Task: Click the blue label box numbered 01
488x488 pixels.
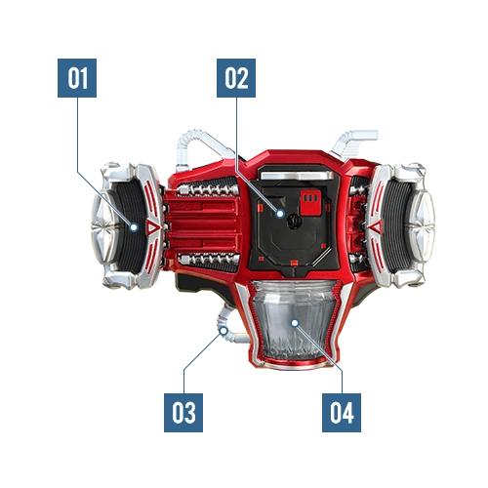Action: click(x=77, y=78)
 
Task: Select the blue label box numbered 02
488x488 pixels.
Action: click(x=236, y=78)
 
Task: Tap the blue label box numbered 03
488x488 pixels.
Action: click(x=183, y=413)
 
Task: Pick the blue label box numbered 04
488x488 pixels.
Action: click(x=342, y=413)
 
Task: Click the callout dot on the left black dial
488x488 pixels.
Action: click(x=134, y=227)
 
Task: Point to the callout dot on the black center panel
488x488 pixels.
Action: click(x=280, y=214)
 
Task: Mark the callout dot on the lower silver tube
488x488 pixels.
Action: click(x=224, y=331)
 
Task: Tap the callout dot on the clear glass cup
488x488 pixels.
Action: click(x=295, y=323)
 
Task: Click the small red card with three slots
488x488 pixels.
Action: click(x=310, y=203)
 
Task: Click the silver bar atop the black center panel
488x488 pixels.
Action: click(x=298, y=176)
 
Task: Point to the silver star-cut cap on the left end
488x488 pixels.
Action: click(x=103, y=226)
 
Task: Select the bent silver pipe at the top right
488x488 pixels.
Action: click(x=353, y=139)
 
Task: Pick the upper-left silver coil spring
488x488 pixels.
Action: click(x=208, y=189)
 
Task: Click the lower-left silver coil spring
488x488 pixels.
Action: click(x=208, y=259)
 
